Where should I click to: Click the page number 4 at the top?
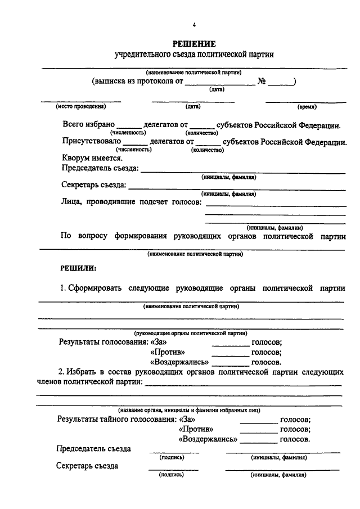pos(194,25)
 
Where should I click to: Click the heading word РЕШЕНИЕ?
pos(194,44)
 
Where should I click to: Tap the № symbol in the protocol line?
pos(261,81)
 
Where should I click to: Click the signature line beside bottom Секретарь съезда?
pos(173,469)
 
